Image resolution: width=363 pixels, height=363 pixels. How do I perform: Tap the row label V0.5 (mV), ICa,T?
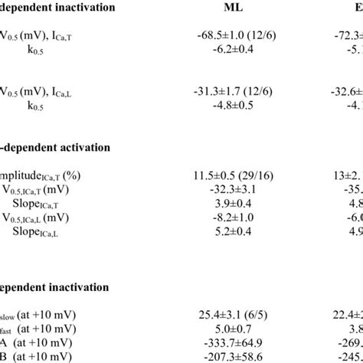pyautogui.click(x=34, y=36)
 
